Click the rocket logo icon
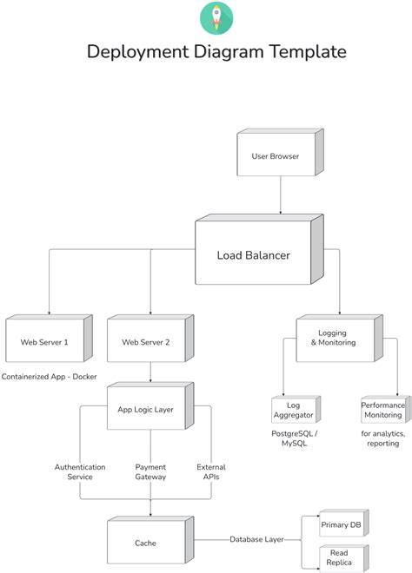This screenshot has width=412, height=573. (216, 18)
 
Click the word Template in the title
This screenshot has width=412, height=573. (308, 51)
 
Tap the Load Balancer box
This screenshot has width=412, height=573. (259, 249)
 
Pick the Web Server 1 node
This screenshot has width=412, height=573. (49, 338)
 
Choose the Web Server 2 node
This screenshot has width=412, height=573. (150, 338)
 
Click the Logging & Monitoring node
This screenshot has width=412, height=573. (339, 338)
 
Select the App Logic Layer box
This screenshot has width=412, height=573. (150, 405)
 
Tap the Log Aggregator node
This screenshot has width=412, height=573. (296, 409)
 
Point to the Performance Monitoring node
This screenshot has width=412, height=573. (386, 409)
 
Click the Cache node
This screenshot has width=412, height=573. (150, 540)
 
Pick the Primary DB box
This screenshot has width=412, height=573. (344, 523)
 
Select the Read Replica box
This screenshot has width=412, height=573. (344, 557)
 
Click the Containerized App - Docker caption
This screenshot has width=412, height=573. (49, 377)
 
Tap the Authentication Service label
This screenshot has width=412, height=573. (80, 471)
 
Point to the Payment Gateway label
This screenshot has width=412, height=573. (150, 471)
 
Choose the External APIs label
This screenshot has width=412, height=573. (211, 471)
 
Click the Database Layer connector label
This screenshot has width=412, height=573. (256, 539)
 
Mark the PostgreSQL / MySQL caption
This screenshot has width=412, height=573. (294, 438)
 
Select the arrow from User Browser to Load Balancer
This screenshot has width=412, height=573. (281, 194)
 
